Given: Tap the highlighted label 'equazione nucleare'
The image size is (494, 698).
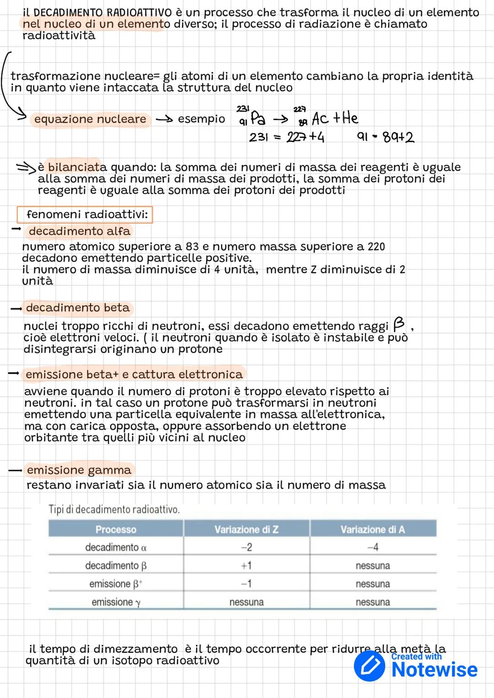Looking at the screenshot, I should tap(90, 119).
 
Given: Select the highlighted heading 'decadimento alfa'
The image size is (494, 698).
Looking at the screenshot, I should tap(79, 231).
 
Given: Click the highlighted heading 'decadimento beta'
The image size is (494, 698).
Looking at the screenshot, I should tap(78, 308).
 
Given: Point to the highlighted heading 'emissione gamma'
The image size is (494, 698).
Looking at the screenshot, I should tap(79, 470).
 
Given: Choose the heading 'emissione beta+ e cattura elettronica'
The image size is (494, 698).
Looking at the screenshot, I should tap(134, 374).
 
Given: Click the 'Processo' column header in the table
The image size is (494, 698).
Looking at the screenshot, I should tap(116, 529).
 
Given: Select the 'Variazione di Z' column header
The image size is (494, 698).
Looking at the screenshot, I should tap(246, 529).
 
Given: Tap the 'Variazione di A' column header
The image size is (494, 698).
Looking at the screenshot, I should tap(372, 529).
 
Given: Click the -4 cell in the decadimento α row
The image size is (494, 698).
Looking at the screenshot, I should tap(372, 547).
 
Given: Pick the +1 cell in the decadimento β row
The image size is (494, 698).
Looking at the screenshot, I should tap(246, 565).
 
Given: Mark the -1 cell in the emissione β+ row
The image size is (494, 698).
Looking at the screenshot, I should tap(246, 584).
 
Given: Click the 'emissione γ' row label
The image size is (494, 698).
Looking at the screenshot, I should tap(116, 602).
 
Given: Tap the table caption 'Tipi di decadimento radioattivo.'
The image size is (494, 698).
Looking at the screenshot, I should tap(114, 509).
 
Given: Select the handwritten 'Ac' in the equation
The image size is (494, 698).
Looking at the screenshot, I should tap(320, 119).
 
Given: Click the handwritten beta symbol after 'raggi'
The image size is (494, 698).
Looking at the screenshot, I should tap(398, 324).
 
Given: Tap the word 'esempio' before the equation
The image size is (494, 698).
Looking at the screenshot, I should tap(201, 119).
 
